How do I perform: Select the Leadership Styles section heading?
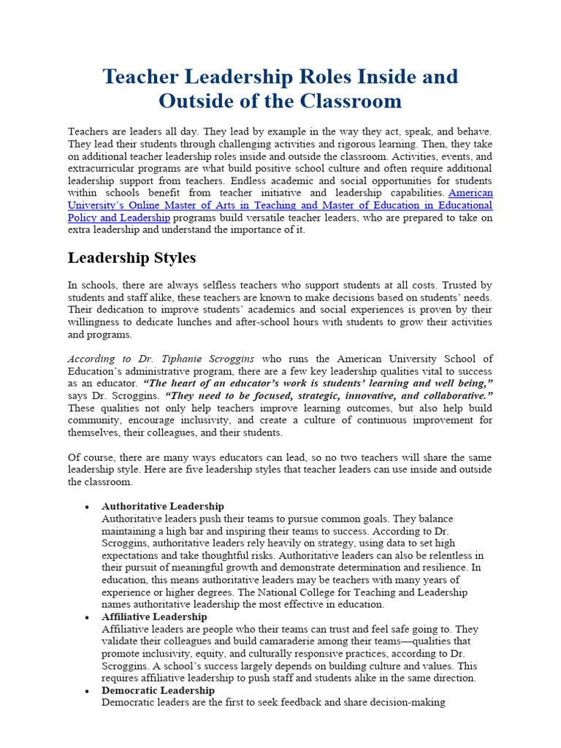point(131,258)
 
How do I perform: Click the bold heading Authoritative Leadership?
point(163,506)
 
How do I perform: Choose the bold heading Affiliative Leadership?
point(154,617)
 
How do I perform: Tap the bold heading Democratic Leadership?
point(158,690)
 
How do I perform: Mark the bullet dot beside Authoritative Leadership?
point(87,507)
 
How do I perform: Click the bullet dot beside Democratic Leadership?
point(87,691)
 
